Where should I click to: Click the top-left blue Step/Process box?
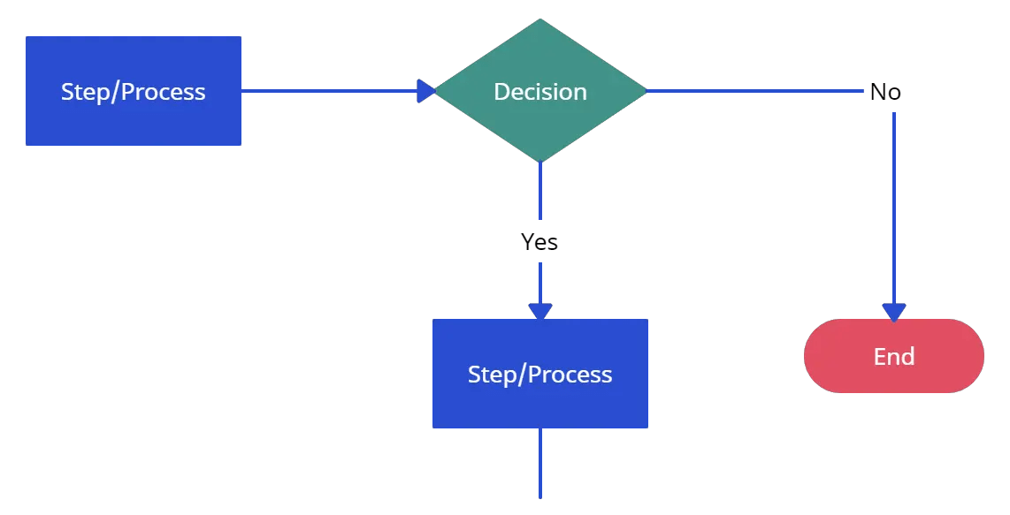pos(134,91)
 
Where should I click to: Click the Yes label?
pos(539,242)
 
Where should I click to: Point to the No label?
pos(885,92)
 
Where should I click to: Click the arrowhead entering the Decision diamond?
pos(426,91)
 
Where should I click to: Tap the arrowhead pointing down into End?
pos(894,312)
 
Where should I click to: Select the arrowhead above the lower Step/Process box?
pos(540,311)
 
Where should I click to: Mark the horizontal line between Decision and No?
pos(752,91)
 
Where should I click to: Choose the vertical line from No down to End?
pos(894,203)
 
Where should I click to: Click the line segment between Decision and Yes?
pos(540,194)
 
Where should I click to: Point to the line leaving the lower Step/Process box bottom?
pos(540,464)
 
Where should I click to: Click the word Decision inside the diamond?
pos(540,92)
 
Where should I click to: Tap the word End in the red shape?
pos(894,356)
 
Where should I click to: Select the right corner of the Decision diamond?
pos(645,91)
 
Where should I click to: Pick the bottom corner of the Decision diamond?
pos(540,161)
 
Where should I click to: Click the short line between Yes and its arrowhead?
pos(540,281)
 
